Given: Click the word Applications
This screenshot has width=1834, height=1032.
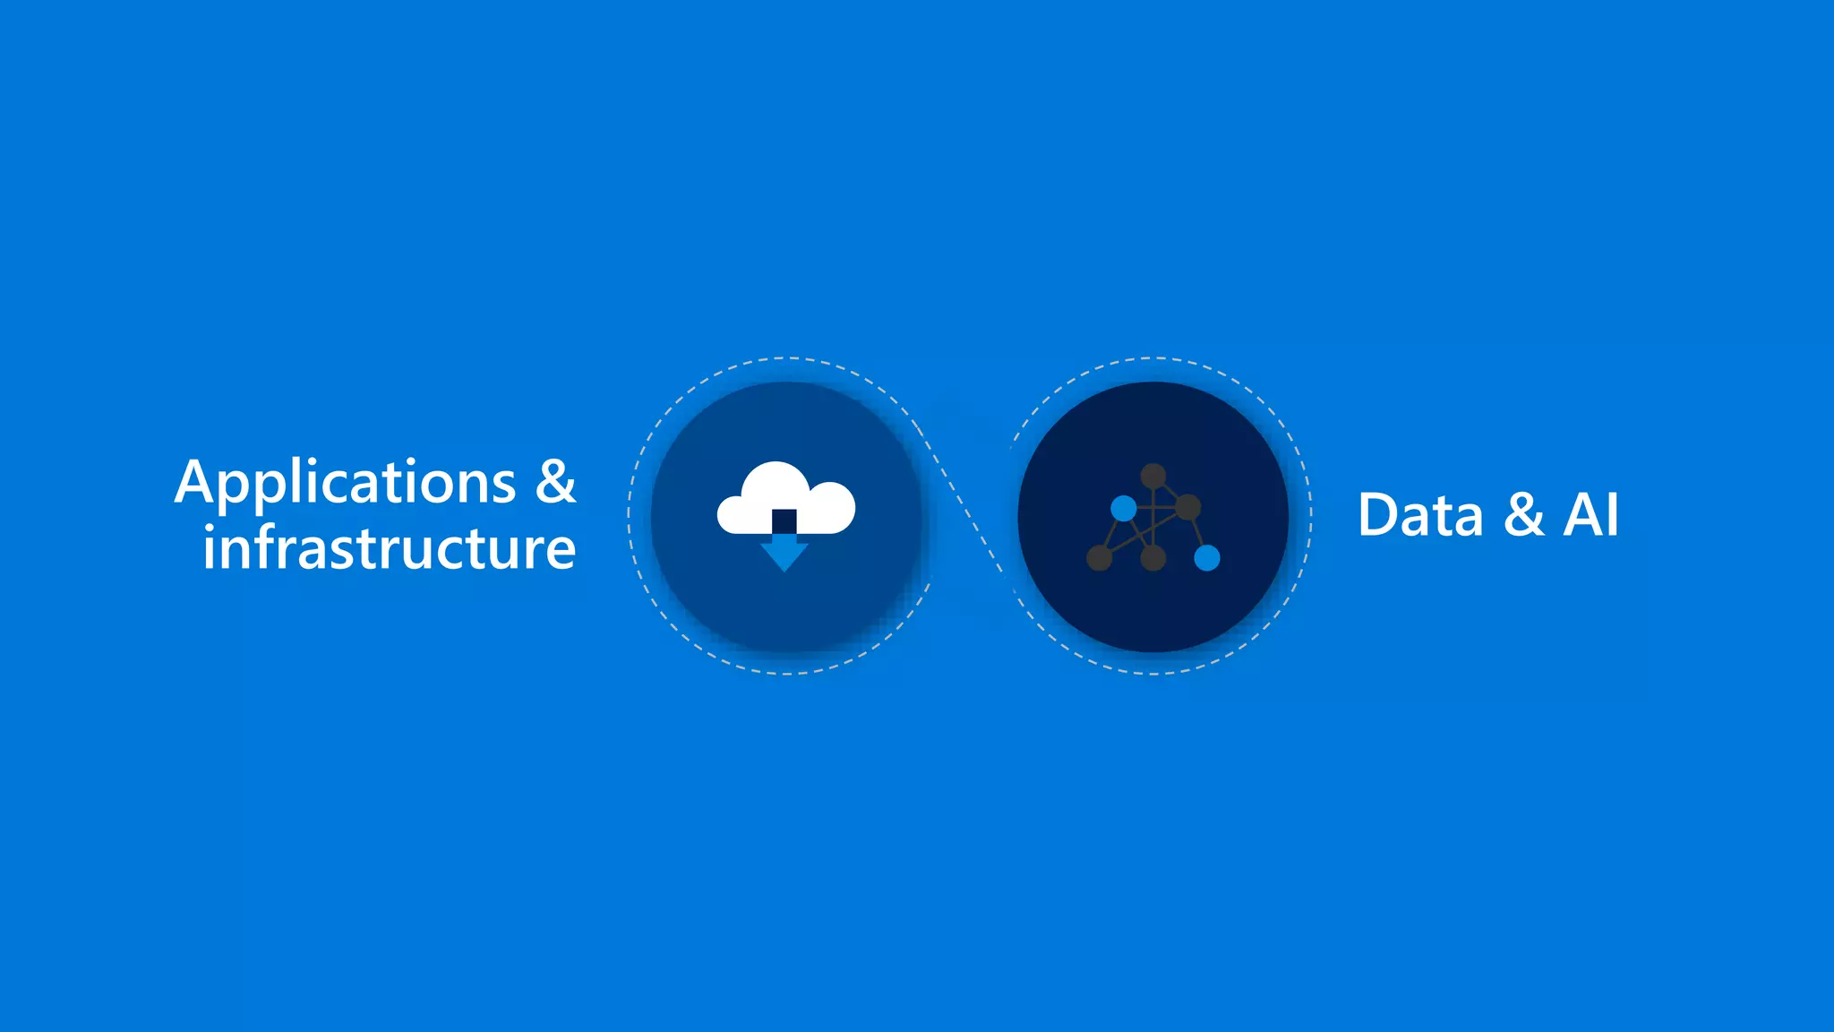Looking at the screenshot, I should tap(346, 484).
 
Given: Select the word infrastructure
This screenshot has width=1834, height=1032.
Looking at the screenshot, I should tap(389, 547).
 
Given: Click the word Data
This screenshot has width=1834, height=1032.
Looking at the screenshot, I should tap(1420, 515).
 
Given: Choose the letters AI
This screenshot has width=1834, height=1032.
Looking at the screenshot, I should tap(1591, 515).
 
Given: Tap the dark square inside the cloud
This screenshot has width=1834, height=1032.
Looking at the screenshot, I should tap(784, 520).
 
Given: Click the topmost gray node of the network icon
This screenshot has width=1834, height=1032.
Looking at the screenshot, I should tap(1153, 476).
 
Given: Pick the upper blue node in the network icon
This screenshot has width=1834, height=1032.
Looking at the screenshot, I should tap(1124, 509).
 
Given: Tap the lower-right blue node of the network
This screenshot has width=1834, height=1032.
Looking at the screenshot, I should tap(1207, 558).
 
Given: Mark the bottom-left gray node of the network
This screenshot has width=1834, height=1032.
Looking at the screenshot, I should tap(1099, 558).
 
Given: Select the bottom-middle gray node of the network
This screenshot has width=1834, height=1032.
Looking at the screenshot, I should tap(1153, 558).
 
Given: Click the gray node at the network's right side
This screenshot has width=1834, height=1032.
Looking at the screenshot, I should tap(1187, 507).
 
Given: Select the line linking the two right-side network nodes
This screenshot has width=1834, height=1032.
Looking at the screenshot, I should tap(1197, 533).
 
